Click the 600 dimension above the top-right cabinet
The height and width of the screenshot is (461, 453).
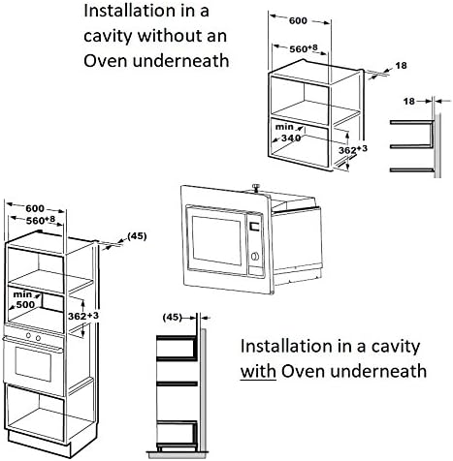coord(298,20)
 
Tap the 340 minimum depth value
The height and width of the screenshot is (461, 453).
coord(291,138)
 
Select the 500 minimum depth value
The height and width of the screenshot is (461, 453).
coord(25,304)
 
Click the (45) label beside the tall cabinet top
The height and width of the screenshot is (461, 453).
coord(137,236)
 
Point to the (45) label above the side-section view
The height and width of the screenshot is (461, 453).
coord(173,317)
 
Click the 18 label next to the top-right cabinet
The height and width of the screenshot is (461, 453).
coord(401,66)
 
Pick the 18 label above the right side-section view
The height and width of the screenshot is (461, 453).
coord(409,102)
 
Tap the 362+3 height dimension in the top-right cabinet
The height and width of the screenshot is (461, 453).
coord(353,150)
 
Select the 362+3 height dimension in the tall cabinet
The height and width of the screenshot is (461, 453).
coord(83,316)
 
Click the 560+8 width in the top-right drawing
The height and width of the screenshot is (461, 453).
coord(304,48)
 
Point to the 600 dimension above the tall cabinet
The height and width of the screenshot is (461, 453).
coord(35,208)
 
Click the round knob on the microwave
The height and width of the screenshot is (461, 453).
coord(255,257)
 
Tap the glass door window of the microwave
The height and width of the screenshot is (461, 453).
coord(216,240)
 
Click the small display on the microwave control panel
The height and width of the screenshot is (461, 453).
coord(255,226)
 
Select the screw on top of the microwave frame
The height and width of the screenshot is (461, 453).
coord(256,187)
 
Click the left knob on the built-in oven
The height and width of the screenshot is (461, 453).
coord(28,336)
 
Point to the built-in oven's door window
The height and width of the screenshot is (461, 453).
coord(33,364)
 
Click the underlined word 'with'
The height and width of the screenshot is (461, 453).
coord(258,372)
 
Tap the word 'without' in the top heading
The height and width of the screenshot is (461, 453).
coord(169,35)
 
